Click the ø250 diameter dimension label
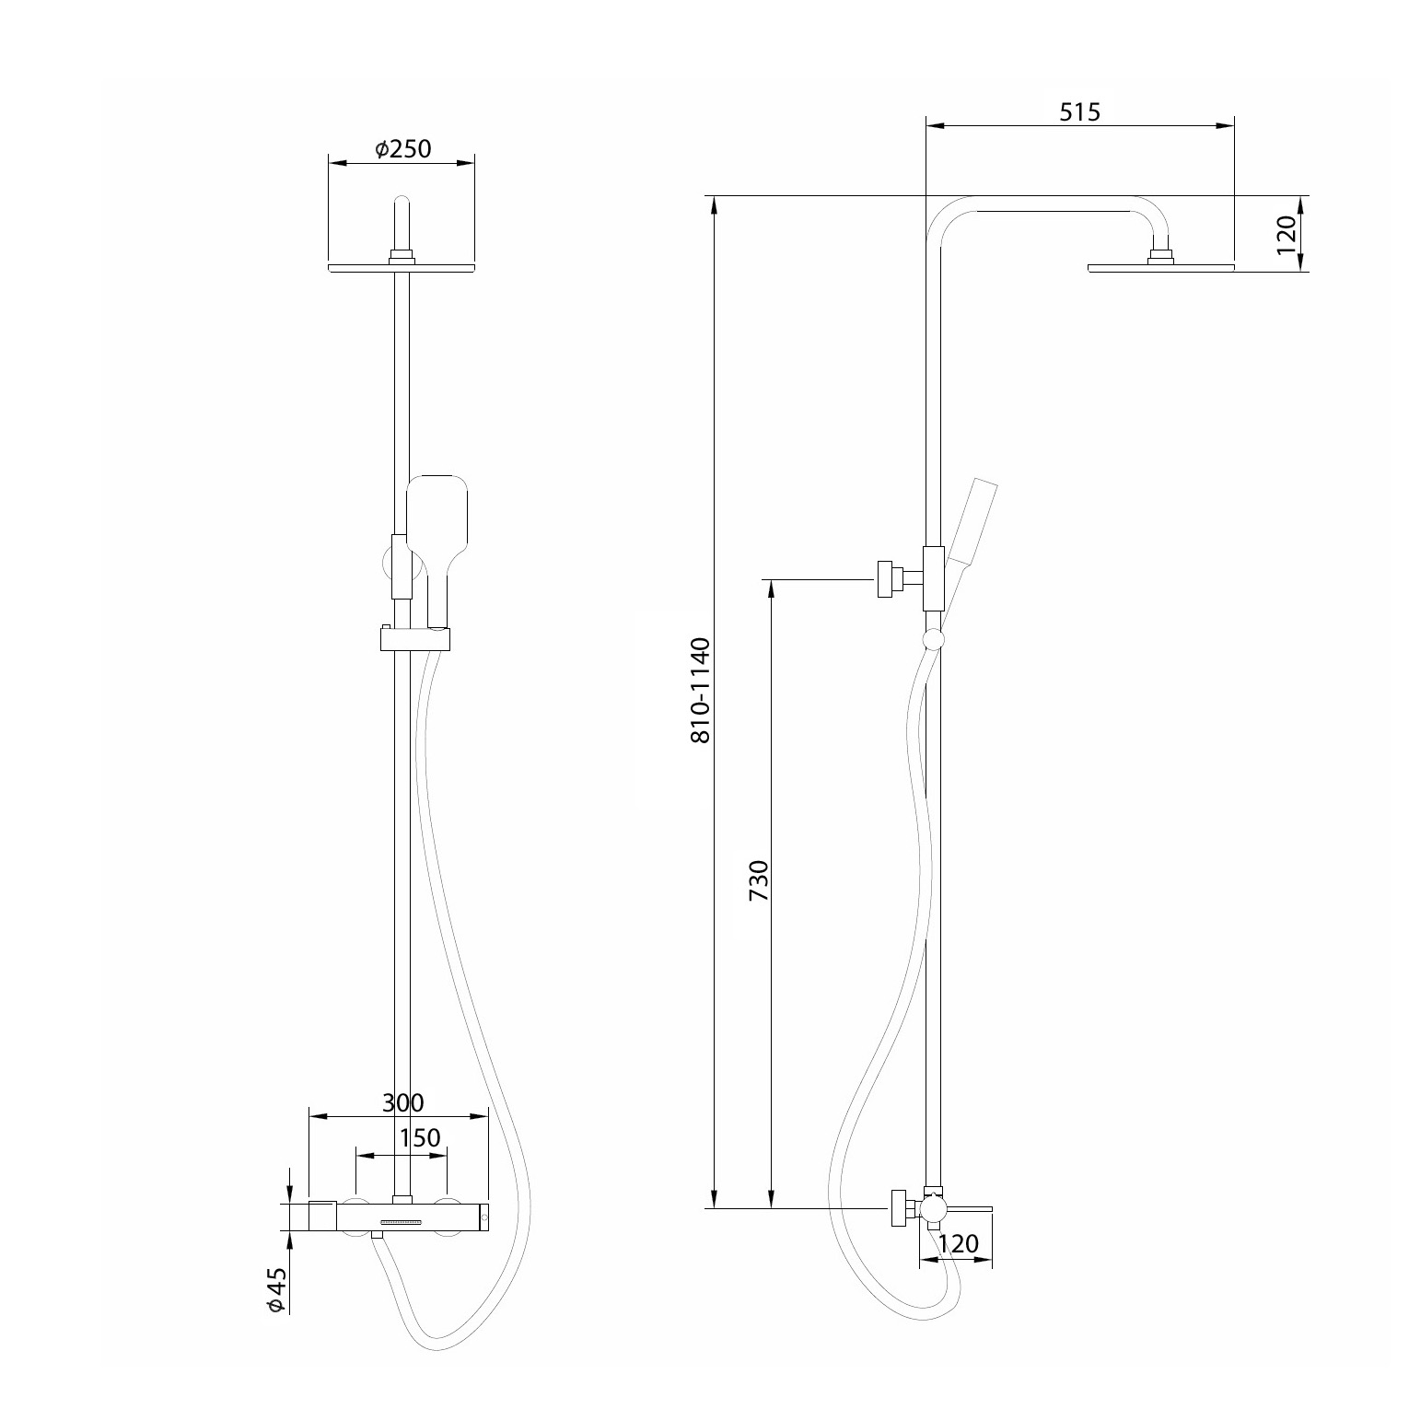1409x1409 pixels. click(403, 148)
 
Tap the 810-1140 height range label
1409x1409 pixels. click(700, 690)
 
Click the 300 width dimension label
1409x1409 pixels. click(402, 1101)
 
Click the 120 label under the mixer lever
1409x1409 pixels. click(958, 1244)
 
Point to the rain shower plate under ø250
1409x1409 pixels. click(402, 268)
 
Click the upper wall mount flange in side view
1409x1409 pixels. click(886, 578)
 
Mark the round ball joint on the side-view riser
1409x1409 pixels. click(933, 640)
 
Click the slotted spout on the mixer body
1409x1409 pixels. click(400, 1222)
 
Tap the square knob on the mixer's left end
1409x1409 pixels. click(321, 1216)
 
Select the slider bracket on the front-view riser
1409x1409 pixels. click(415, 637)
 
